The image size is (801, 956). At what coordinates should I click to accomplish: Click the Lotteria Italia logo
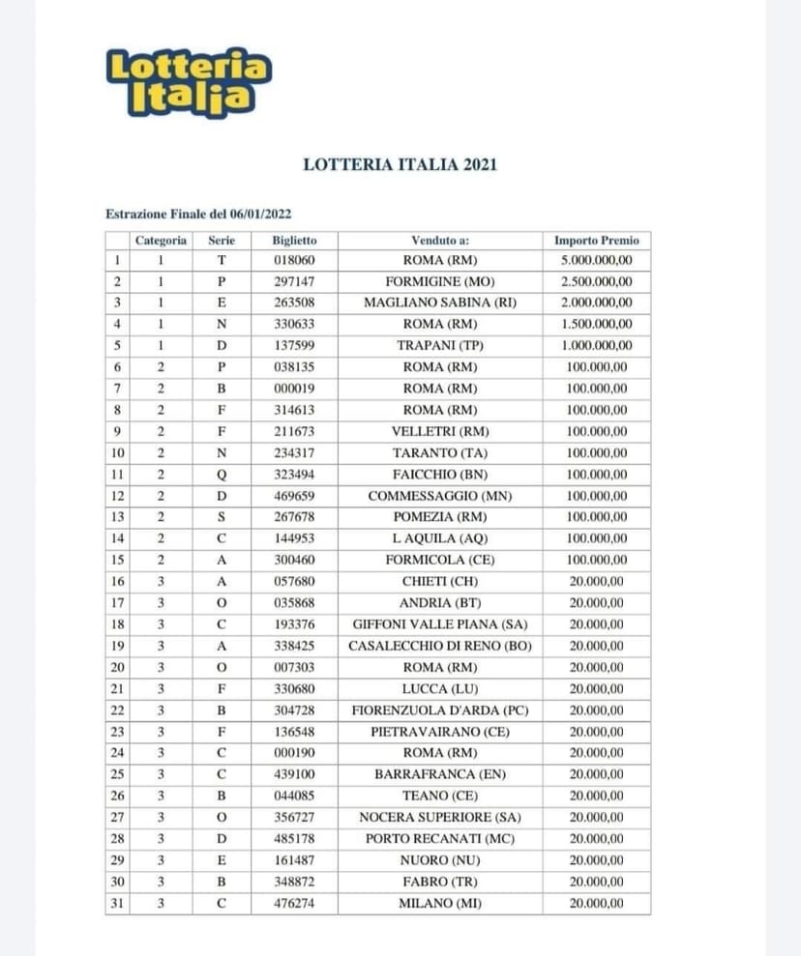[x=189, y=82]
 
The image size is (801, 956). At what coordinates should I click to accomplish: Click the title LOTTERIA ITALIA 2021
[x=400, y=164]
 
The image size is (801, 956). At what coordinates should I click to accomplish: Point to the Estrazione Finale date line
[x=198, y=214]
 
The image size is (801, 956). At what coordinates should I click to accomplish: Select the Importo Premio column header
[x=596, y=240]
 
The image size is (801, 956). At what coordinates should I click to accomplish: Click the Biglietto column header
[x=294, y=240]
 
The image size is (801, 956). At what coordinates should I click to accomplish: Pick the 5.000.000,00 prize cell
[x=596, y=261]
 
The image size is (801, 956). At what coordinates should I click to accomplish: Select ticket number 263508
[x=294, y=304]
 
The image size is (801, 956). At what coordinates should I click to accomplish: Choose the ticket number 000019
[x=294, y=389]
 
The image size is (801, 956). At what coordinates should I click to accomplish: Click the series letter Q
[x=222, y=475]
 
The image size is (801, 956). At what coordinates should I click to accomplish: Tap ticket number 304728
[x=294, y=710]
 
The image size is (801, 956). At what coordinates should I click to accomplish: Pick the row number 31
[x=117, y=904]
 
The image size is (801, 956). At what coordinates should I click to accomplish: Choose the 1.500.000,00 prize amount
[x=596, y=325]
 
